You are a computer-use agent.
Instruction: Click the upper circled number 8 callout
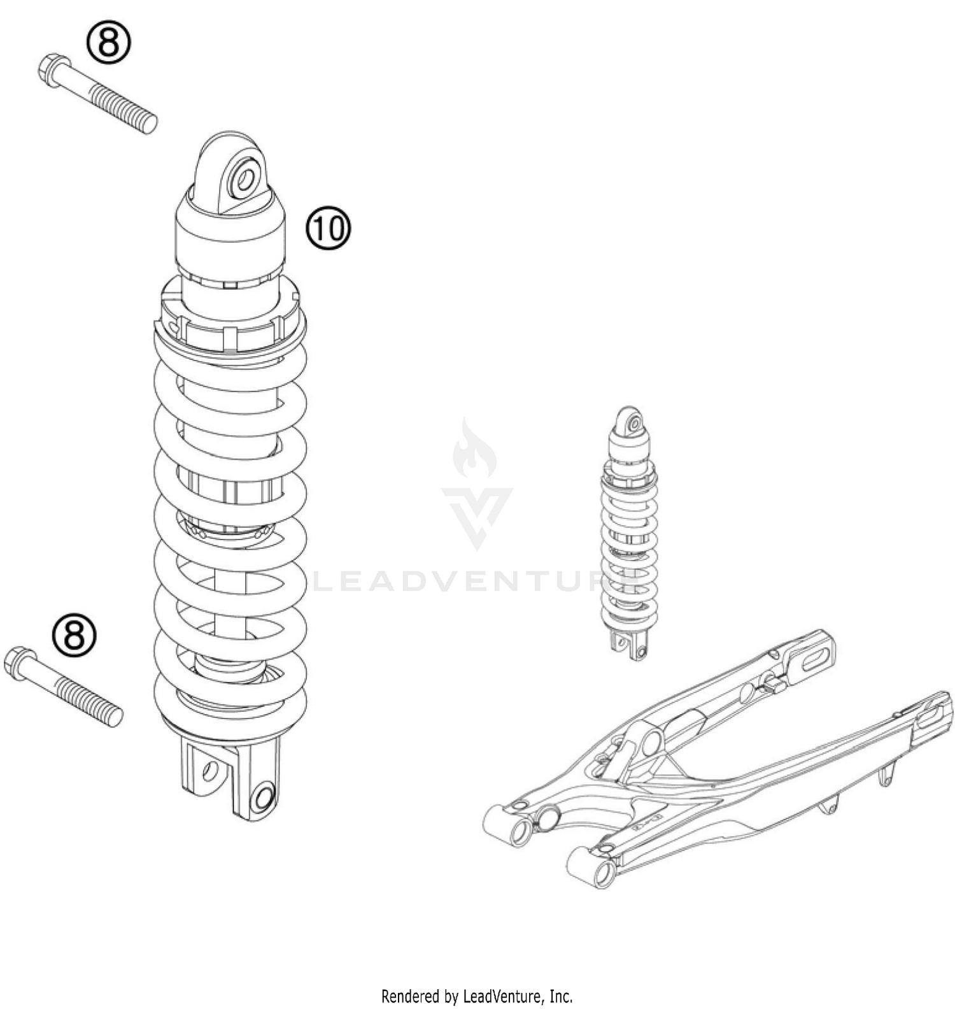108,43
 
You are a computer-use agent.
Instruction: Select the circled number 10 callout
329,228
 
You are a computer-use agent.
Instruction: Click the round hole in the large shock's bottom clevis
262,797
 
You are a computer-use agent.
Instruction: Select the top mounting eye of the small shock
632,422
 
